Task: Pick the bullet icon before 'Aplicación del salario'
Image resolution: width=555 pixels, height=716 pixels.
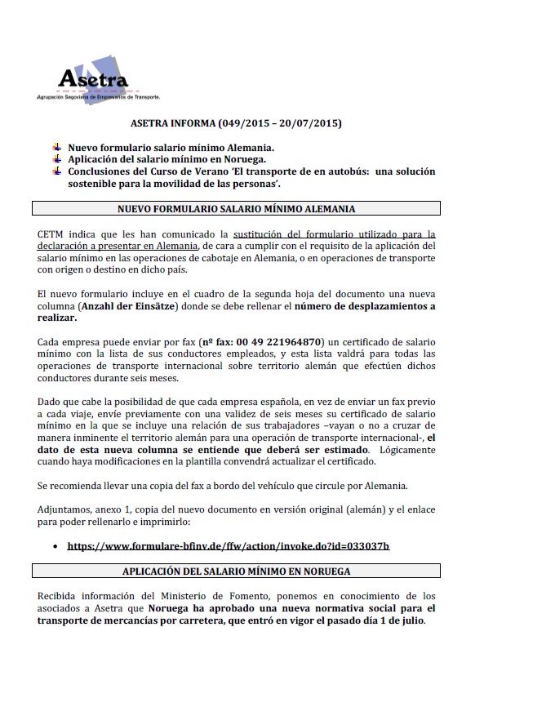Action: pos(56,159)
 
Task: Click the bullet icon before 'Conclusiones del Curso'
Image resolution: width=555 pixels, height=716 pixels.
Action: pos(56,171)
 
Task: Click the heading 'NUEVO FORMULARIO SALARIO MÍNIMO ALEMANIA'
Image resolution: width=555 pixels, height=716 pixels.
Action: pos(237,209)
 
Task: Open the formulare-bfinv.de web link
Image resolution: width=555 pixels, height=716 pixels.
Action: pos(229,545)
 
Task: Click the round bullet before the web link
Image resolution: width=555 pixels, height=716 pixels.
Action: pos(54,545)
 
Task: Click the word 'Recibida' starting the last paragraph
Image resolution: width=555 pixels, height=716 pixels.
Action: pos(60,595)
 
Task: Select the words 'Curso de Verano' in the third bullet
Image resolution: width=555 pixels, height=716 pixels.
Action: pos(180,171)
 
